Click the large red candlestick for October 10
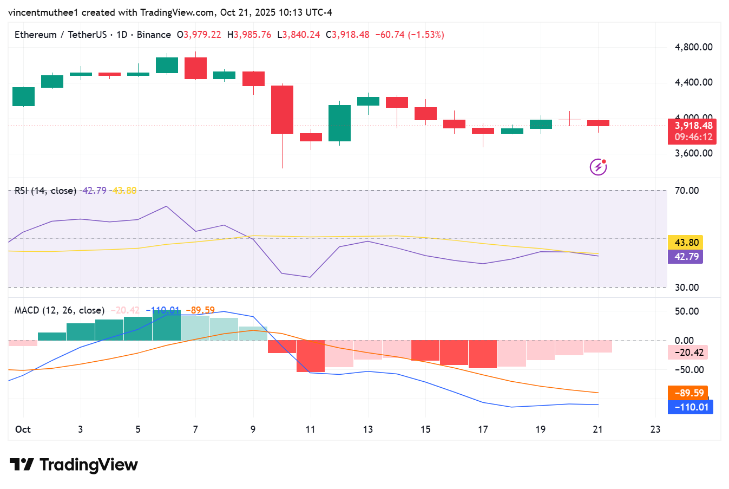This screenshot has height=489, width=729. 282,109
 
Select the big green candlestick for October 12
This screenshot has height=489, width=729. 339,123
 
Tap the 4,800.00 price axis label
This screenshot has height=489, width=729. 693,47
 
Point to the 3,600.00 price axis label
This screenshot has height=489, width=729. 693,153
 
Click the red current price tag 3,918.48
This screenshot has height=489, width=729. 693,126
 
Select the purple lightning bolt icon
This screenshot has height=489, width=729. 598,167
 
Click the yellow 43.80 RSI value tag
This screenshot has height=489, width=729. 686,243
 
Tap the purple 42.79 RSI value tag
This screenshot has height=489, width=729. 686,257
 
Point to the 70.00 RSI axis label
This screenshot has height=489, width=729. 687,191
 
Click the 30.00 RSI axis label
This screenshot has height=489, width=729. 687,288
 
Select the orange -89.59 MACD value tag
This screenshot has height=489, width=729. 688,393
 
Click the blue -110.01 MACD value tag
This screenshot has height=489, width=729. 691,407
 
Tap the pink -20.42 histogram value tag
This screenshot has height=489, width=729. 688,353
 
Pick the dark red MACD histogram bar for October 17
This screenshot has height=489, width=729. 483,354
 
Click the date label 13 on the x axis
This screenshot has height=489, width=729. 368,429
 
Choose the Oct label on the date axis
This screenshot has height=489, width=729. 23,429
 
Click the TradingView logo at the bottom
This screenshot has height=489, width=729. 74,465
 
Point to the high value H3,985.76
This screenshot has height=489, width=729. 249,35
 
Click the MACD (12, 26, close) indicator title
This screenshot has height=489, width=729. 60,310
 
